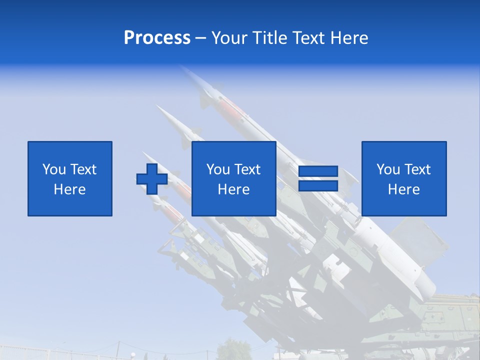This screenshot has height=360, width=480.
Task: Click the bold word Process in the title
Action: coord(157,38)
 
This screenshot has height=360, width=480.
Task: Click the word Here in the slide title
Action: coord(349,38)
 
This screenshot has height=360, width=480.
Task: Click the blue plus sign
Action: coord(152,179)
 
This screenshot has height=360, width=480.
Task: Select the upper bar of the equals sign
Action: coord(318,171)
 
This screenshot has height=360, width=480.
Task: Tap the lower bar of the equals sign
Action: coord(318,185)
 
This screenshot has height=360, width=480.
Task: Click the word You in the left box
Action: coord(54,169)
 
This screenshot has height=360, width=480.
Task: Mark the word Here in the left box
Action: coord(70,189)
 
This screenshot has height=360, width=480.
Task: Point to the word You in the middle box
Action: coord(218,169)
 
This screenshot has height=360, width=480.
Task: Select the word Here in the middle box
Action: coord(234,189)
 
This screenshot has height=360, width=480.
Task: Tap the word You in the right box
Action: coord(388,169)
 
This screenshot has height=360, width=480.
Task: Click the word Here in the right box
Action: coord(404,189)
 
